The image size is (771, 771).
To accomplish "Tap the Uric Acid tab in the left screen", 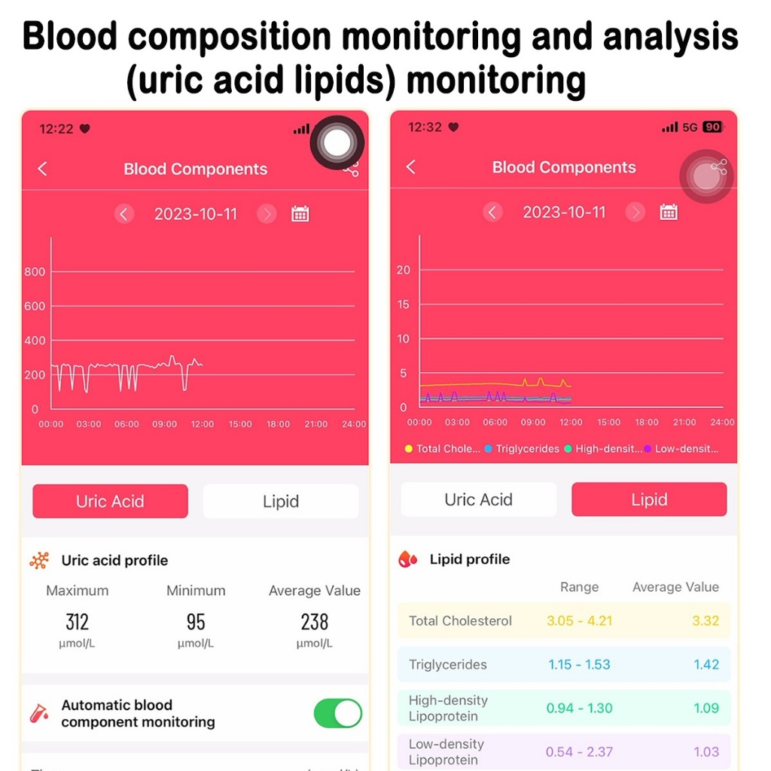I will click(x=110, y=501).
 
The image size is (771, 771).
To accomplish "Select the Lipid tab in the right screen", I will click(x=649, y=500).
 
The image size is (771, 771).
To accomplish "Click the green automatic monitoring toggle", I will click(x=337, y=713).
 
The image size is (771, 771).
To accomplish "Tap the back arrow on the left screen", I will click(x=43, y=169).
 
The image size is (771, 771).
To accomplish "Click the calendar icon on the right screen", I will click(x=669, y=212).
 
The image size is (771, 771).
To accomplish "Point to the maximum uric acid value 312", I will click(x=77, y=622).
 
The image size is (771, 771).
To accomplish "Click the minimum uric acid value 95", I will click(x=196, y=622).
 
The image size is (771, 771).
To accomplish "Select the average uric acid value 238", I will click(x=314, y=622).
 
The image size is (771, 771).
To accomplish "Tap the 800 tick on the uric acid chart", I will click(x=35, y=272).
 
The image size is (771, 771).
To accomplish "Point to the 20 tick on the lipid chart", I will click(x=404, y=270).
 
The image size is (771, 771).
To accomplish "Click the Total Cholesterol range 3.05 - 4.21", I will click(x=579, y=621).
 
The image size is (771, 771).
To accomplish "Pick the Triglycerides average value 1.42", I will click(x=706, y=665).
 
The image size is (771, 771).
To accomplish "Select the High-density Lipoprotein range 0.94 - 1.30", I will click(x=579, y=709).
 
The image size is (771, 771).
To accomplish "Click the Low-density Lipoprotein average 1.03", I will click(x=706, y=751).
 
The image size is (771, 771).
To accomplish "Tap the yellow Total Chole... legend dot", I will click(x=409, y=449).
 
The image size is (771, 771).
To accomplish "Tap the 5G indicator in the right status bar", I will click(x=690, y=127).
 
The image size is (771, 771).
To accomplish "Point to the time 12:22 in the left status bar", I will click(x=56, y=129).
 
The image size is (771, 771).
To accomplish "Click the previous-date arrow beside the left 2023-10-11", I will click(x=124, y=214).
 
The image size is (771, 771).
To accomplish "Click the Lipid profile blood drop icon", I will click(x=408, y=559).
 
